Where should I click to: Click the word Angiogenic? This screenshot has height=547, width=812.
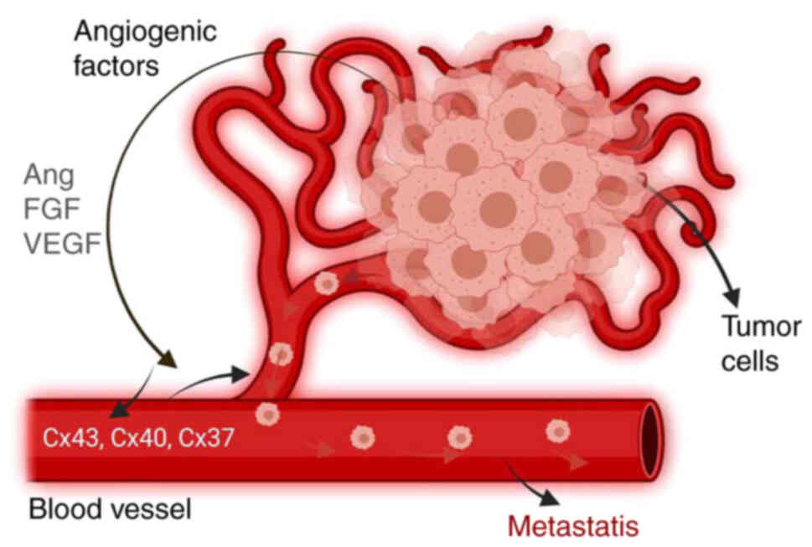click(145, 33)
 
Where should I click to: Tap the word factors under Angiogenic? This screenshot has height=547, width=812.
click(116, 66)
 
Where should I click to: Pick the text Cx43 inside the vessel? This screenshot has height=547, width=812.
click(68, 437)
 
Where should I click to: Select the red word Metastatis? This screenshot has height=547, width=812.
click(574, 527)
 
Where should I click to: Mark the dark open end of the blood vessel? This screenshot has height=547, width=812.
click(651, 440)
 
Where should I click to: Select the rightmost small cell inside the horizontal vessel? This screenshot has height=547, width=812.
click(558, 431)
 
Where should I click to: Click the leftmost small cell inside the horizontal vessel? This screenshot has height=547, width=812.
click(267, 413)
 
